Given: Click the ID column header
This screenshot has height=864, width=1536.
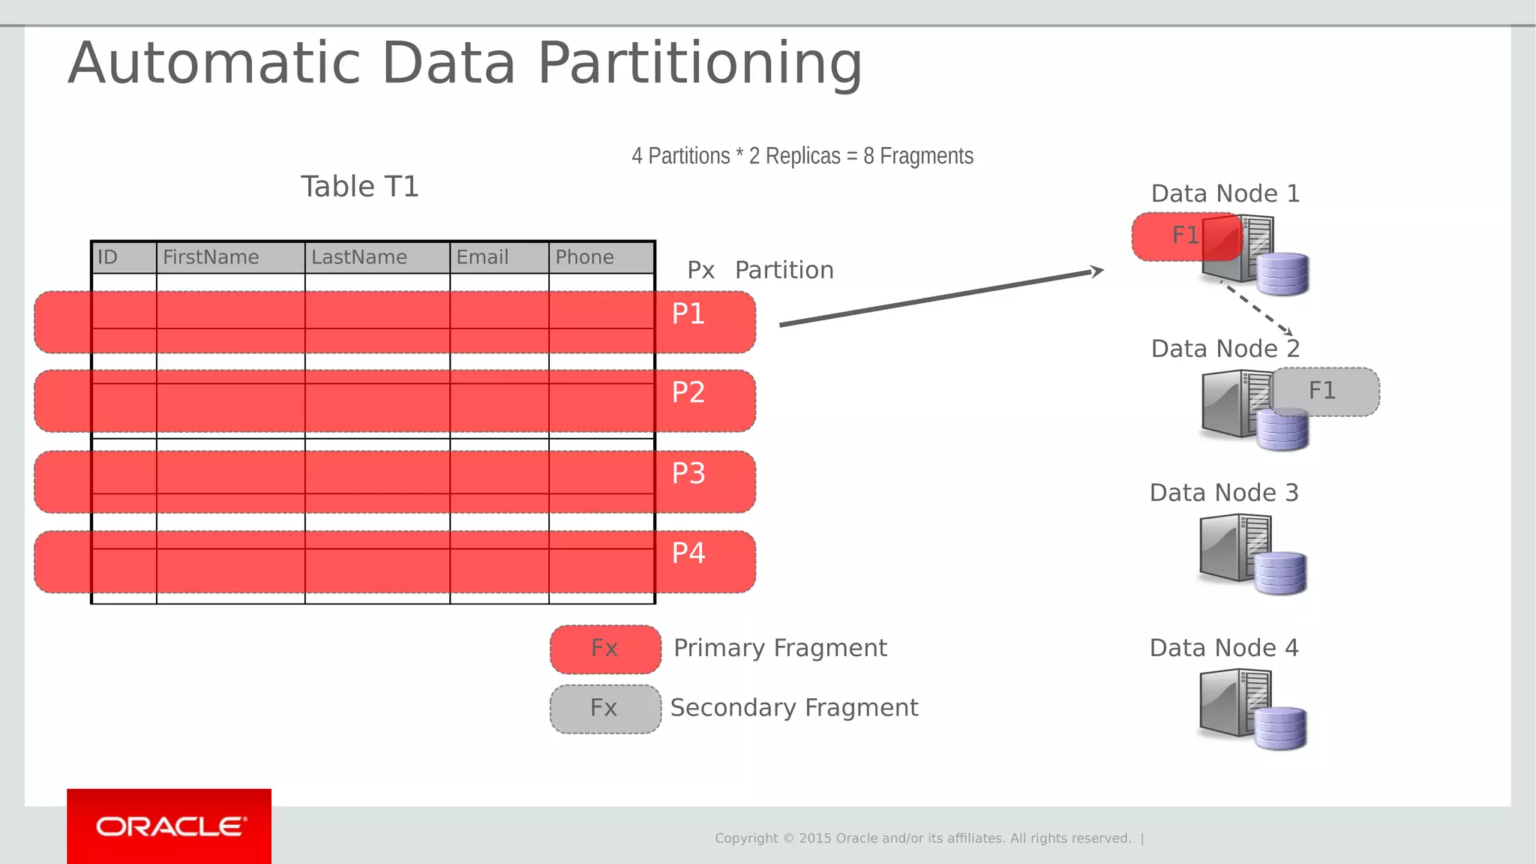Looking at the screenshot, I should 108,257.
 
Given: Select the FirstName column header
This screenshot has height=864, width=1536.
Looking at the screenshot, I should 211,257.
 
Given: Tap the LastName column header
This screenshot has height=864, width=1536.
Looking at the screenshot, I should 359,257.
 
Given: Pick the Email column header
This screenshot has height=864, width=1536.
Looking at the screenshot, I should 482,257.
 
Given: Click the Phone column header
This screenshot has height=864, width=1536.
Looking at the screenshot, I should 584,257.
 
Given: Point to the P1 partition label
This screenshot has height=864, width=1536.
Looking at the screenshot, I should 688,313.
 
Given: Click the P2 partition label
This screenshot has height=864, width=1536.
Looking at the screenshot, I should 688,392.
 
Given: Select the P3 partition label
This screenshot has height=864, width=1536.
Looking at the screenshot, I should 688,473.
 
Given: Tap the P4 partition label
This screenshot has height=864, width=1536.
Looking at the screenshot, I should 688,553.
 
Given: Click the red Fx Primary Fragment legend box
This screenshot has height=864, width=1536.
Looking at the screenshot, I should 605,648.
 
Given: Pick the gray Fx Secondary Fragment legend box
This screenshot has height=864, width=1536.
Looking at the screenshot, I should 605,708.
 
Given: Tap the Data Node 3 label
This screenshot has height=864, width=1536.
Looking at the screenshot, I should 1224,493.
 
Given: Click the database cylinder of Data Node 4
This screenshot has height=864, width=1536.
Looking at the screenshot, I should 1281,727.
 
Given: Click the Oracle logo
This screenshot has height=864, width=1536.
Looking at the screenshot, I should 169,826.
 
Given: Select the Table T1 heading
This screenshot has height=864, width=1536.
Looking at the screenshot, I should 360,186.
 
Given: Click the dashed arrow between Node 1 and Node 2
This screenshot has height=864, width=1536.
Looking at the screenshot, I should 1255,307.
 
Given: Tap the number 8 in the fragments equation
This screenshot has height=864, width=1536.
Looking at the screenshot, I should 868,156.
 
